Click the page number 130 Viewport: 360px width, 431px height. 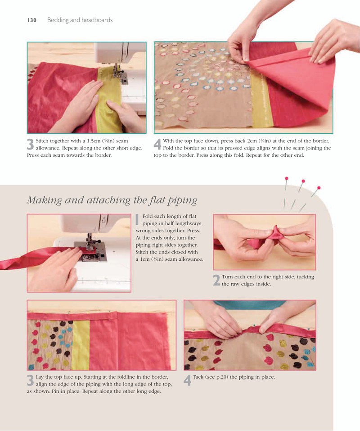32,20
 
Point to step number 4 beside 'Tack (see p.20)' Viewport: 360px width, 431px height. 187,380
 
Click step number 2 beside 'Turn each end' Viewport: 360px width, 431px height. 216,280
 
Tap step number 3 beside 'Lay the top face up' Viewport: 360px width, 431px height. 31,380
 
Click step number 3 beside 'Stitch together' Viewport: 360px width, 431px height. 31,144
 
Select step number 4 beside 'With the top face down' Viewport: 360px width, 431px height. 157,144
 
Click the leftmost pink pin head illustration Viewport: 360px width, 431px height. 286,178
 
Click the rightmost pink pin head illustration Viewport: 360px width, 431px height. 319,188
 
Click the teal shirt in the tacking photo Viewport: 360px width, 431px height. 250,304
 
